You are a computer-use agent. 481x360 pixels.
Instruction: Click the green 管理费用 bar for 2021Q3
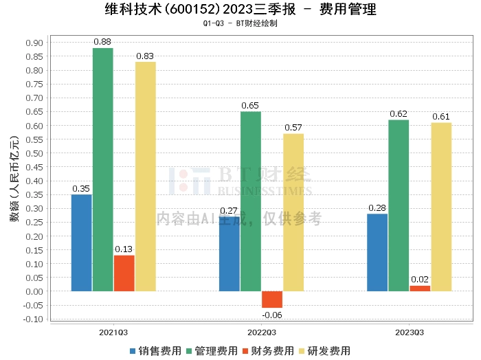(103, 170)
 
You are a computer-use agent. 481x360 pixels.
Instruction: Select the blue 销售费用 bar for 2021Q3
(82, 243)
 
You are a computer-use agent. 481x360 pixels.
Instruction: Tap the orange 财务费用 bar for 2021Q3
(124, 273)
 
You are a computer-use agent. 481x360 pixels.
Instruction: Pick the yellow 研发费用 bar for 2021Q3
(146, 177)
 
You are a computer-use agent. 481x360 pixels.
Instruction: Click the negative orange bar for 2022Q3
(272, 300)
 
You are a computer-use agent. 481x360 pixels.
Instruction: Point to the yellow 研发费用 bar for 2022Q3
(293, 212)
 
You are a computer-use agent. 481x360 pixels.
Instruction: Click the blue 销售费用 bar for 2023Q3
(377, 252)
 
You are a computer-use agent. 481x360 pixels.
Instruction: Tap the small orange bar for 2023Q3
(420, 289)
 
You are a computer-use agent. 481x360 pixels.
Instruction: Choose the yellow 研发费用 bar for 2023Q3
(441, 207)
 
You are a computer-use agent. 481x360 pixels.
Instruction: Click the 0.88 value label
(103, 43)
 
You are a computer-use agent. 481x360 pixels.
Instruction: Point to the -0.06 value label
(272, 315)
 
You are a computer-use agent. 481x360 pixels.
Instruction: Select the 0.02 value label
(420, 280)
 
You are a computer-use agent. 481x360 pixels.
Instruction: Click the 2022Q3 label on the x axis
(262, 332)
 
